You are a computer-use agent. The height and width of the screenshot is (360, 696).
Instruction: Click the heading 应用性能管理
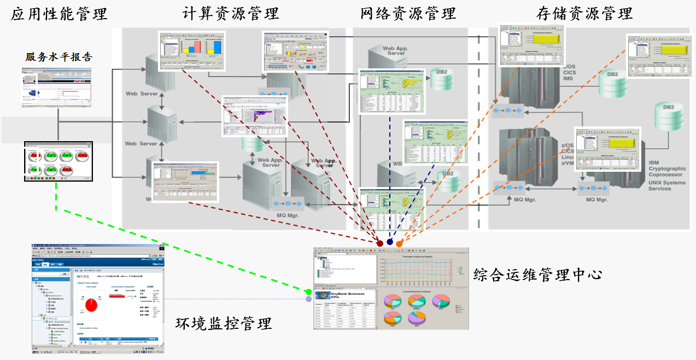(x=59, y=14)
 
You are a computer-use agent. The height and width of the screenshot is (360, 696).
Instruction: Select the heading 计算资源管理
(x=232, y=14)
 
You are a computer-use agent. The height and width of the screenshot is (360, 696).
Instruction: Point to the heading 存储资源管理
(x=586, y=14)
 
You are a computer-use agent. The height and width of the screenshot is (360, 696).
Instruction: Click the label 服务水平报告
(x=59, y=57)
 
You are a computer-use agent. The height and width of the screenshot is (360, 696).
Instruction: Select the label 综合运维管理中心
(x=537, y=274)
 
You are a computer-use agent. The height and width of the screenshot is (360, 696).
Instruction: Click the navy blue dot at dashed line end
(x=390, y=242)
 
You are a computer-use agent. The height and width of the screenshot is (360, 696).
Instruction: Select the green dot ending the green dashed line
(x=308, y=292)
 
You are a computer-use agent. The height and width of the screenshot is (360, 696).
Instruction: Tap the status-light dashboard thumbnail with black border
(x=59, y=161)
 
